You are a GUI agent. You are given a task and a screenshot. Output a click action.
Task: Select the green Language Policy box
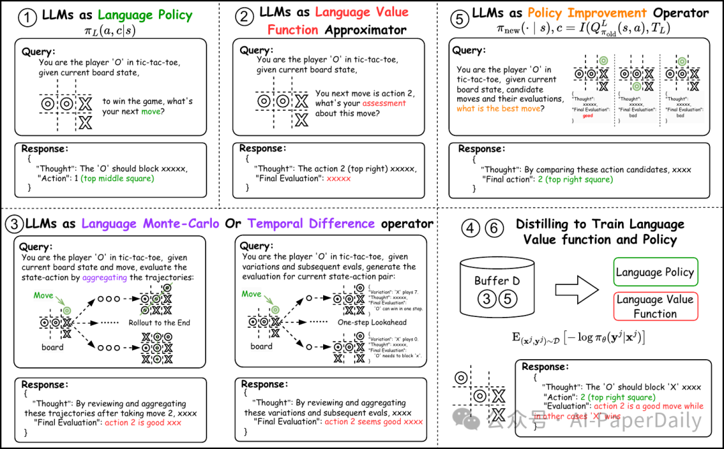click(x=656, y=272)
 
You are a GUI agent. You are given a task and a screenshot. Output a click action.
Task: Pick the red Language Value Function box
click(x=656, y=307)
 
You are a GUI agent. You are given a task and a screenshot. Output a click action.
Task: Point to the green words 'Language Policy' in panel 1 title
click(x=144, y=15)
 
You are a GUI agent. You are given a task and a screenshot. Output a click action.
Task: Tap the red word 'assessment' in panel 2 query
click(x=384, y=103)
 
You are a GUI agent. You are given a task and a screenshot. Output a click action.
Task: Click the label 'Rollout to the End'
click(x=160, y=323)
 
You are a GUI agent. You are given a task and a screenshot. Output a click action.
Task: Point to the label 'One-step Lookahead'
click(x=372, y=323)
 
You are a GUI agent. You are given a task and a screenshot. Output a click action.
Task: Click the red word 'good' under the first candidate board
click(x=587, y=116)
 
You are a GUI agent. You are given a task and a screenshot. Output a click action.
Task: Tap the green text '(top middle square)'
click(x=118, y=178)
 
